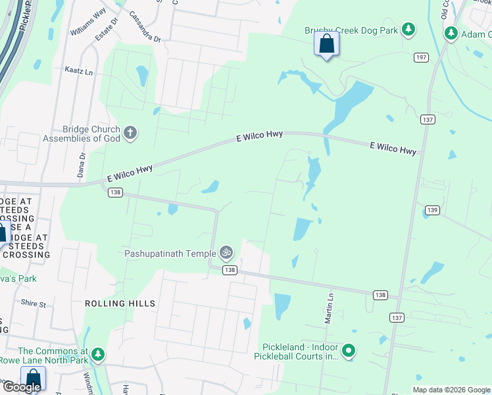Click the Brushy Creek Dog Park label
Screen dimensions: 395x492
pyautogui.click(x=352, y=30)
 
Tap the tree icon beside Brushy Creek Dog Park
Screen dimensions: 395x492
pyautogui.click(x=408, y=29)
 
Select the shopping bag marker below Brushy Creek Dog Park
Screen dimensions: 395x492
pyautogui.click(x=327, y=45)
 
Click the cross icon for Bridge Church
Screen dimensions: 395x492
pyautogui.click(x=130, y=133)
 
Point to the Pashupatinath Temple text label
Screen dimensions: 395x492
pyautogui.click(x=170, y=253)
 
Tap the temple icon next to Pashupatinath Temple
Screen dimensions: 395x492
pyautogui.click(x=226, y=252)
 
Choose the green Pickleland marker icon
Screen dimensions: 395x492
pyautogui.click(x=349, y=352)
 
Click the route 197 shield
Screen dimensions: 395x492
pyautogui.click(x=422, y=58)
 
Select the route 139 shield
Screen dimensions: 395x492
pyautogui.click(x=432, y=210)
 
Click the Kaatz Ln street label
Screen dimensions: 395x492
pyautogui.click(x=78, y=69)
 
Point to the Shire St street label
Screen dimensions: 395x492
pyautogui.click(x=34, y=304)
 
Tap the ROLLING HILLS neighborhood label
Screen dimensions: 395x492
pyautogui.click(x=120, y=303)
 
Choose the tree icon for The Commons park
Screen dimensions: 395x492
pyautogui.click(x=98, y=355)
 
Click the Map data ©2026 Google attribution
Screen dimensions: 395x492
pyautogui.click(x=451, y=390)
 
